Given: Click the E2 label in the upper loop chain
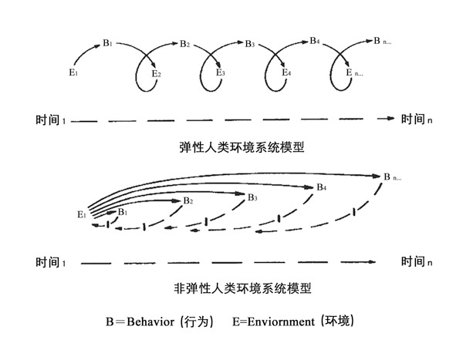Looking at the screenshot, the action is tap(156, 74).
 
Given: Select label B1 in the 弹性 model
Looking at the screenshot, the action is tap(107, 43).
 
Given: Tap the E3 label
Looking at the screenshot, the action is tap(221, 72).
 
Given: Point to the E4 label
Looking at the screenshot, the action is tap(286, 72).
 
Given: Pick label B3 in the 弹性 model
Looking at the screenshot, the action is tap(250, 44).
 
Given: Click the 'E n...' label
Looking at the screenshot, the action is tap(355, 72).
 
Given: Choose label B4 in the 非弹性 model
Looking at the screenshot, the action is tap(322, 187).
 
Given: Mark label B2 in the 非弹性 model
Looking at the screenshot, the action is tap(188, 201).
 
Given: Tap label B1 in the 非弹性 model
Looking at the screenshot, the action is tap(123, 212).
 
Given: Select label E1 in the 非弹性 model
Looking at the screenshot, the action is tap(82, 214).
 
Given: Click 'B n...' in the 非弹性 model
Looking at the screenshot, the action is tap(393, 177).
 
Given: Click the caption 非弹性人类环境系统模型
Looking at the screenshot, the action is tap(242, 288).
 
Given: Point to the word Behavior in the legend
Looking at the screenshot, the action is tap(150, 321).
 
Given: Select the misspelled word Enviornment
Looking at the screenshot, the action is tap(281, 321).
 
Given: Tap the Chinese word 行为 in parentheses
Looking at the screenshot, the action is tap(196, 321).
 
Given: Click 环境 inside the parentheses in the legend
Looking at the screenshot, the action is tap(337, 321).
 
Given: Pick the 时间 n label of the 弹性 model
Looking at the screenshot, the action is tap(417, 119).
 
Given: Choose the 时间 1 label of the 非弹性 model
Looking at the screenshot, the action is tap(51, 262).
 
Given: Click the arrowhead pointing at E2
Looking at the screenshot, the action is tap(154, 64).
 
